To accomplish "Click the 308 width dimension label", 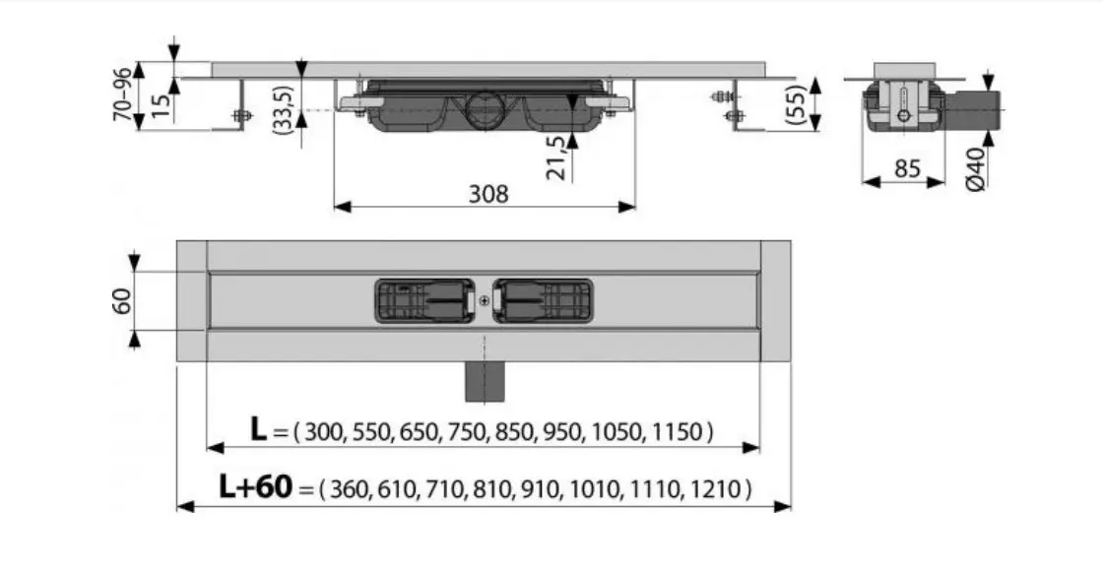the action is [x=488, y=194].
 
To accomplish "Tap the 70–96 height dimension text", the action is [x=122, y=94].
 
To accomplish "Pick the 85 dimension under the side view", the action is [x=907, y=169].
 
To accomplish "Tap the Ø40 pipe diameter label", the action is [x=976, y=169].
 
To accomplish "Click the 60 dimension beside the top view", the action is [x=122, y=301].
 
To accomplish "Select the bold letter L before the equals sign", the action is [x=259, y=428].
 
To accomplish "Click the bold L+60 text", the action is [x=255, y=486].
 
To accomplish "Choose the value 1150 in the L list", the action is [x=678, y=431].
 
